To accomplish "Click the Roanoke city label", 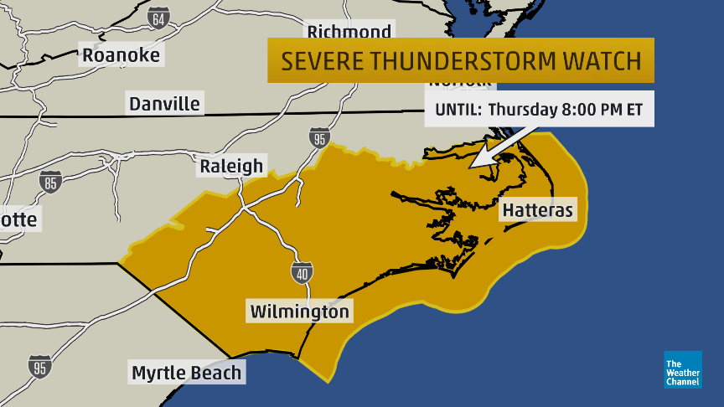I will click(x=121, y=55).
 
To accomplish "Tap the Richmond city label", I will click(x=349, y=32).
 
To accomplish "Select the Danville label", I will click(x=164, y=104).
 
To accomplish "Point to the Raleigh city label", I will click(x=231, y=166).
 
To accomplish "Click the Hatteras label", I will click(x=537, y=209).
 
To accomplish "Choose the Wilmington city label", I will click(x=300, y=312).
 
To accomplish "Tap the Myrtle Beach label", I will click(x=187, y=373).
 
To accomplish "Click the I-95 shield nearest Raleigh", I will click(x=318, y=139).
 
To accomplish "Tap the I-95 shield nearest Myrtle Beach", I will click(x=39, y=367).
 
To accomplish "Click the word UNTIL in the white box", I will click(x=457, y=109).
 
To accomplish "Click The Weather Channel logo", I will click(x=682, y=369).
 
